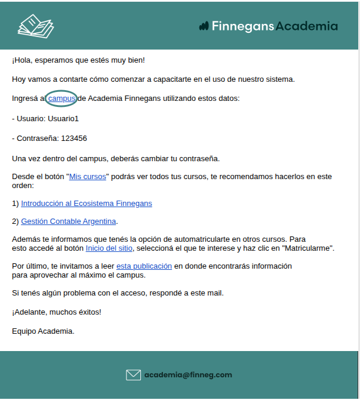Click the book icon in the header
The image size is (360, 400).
(x=36, y=26)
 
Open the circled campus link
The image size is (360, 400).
(x=61, y=98)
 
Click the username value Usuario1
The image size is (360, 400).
(x=63, y=118)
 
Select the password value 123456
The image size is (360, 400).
(x=74, y=139)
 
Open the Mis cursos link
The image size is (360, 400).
(x=88, y=177)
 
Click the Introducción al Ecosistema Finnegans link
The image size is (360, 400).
(x=87, y=204)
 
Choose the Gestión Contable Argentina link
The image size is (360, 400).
(x=69, y=221)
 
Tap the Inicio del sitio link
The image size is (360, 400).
(x=109, y=248)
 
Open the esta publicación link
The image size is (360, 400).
(x=144, y=266)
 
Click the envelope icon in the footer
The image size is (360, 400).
(x=133, y=375)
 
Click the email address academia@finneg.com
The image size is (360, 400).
(x=187, y=375)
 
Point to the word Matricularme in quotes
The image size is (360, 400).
(x=308, y=248)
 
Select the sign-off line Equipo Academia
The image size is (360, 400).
(x=43, y=331)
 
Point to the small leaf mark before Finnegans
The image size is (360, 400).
(x=204, y=26)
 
